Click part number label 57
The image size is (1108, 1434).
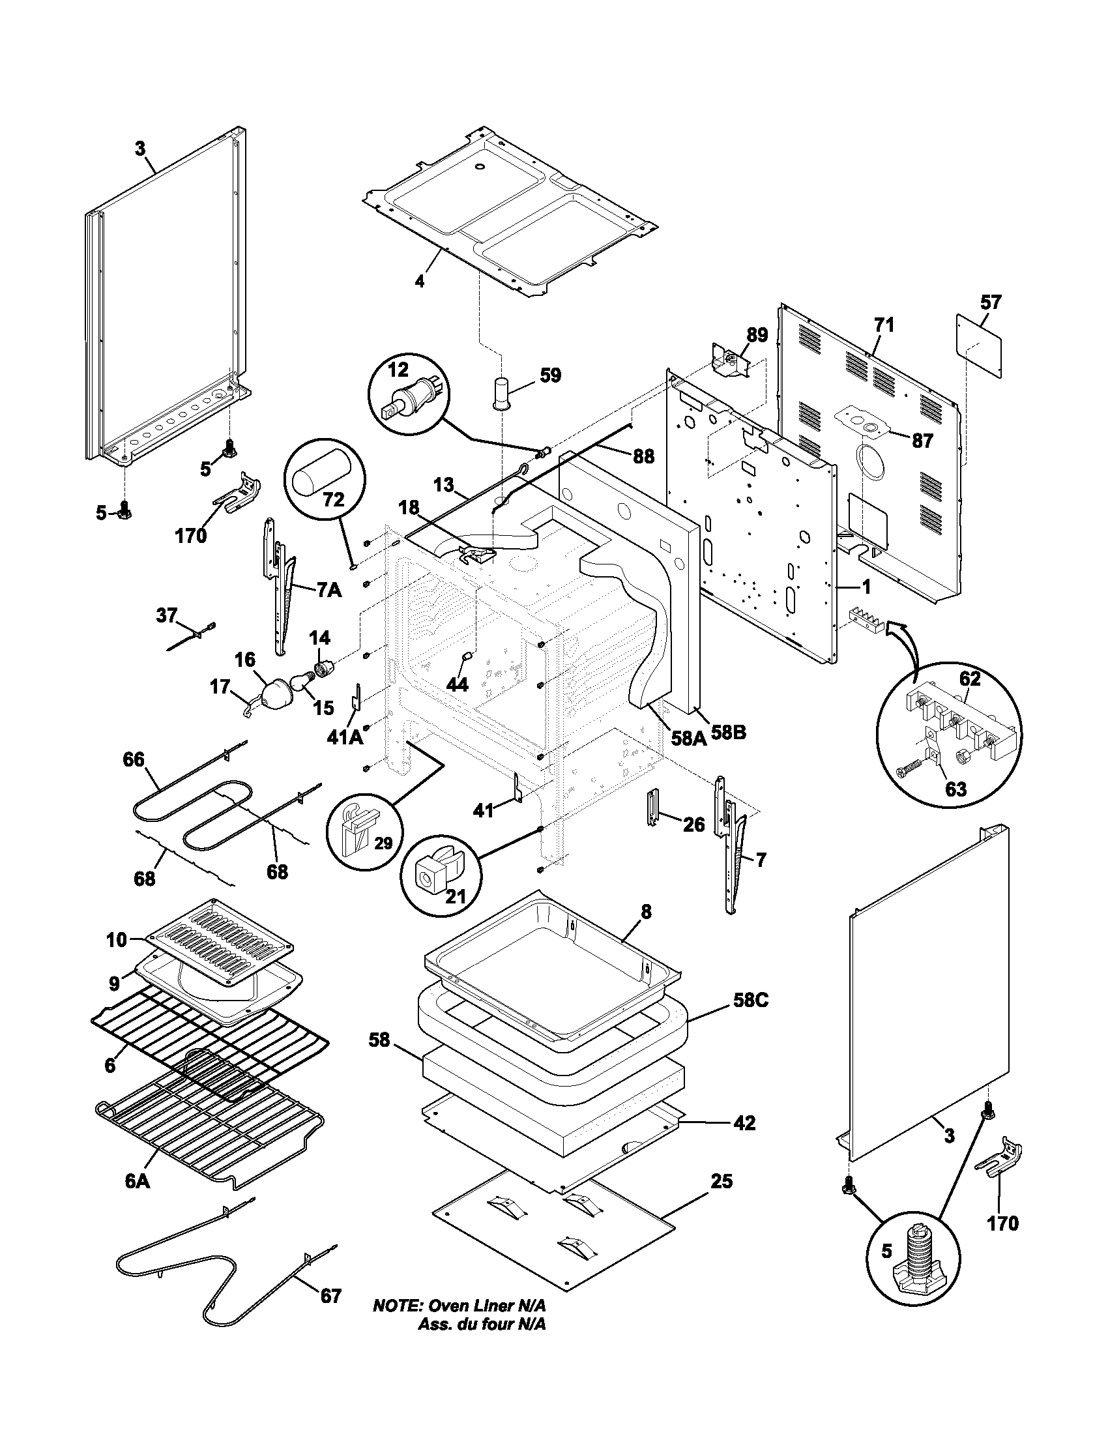point(991,302)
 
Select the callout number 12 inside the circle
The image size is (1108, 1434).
point(397,370)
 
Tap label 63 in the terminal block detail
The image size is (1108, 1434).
point(955,788)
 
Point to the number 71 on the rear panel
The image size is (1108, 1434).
point(884,325)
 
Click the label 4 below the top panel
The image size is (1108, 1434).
point(420,281)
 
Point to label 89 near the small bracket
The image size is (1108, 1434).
point(756,336)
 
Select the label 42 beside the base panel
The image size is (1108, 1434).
point(744,1123)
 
